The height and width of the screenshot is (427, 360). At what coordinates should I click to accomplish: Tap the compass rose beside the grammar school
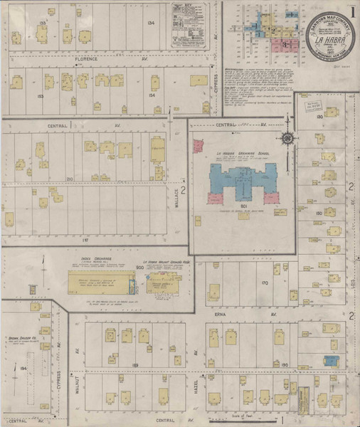[x=287, y=138]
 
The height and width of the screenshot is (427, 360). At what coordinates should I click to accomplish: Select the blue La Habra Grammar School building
[x=241, y=181]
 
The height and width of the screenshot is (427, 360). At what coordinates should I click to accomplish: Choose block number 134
[x=150, y=23]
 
